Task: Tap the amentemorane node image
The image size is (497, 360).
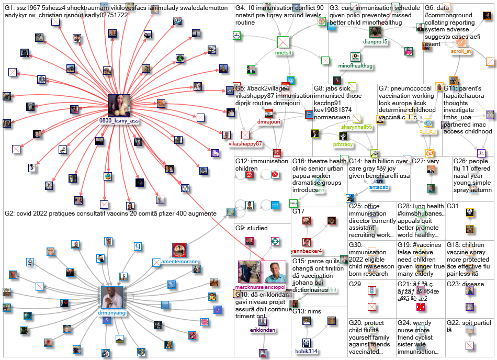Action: tap(179, 250)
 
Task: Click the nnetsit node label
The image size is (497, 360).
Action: tap(283, 53)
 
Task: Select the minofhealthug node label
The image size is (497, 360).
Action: tap(355, 66)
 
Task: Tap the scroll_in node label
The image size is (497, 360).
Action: tap(461, 52)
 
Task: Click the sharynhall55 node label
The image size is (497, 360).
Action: tap(357, 127)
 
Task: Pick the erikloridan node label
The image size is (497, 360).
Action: tap(263, 330)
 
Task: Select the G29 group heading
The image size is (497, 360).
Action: tap(355, 284)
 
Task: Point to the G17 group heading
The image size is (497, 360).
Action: tap(298, 211)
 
